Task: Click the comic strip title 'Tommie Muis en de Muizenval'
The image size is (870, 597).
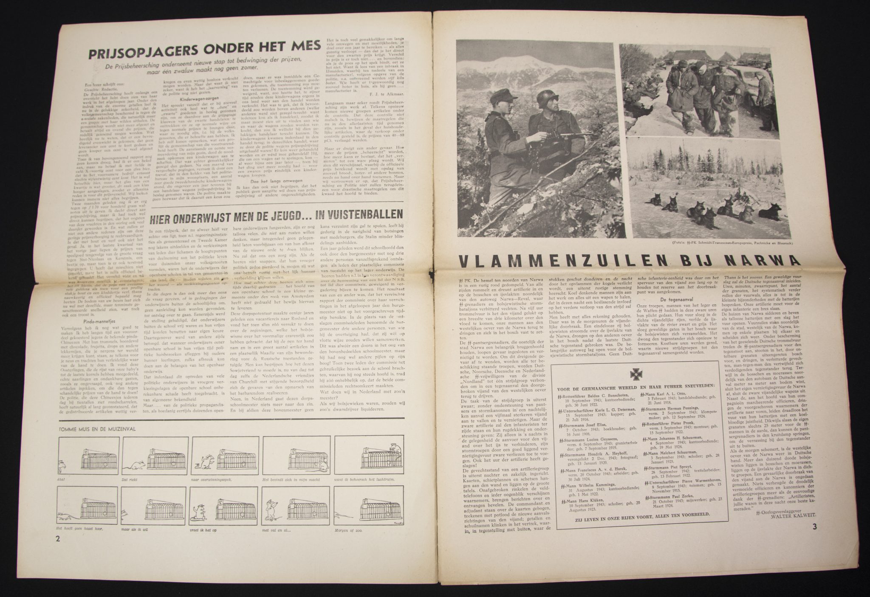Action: click(98, 429)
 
